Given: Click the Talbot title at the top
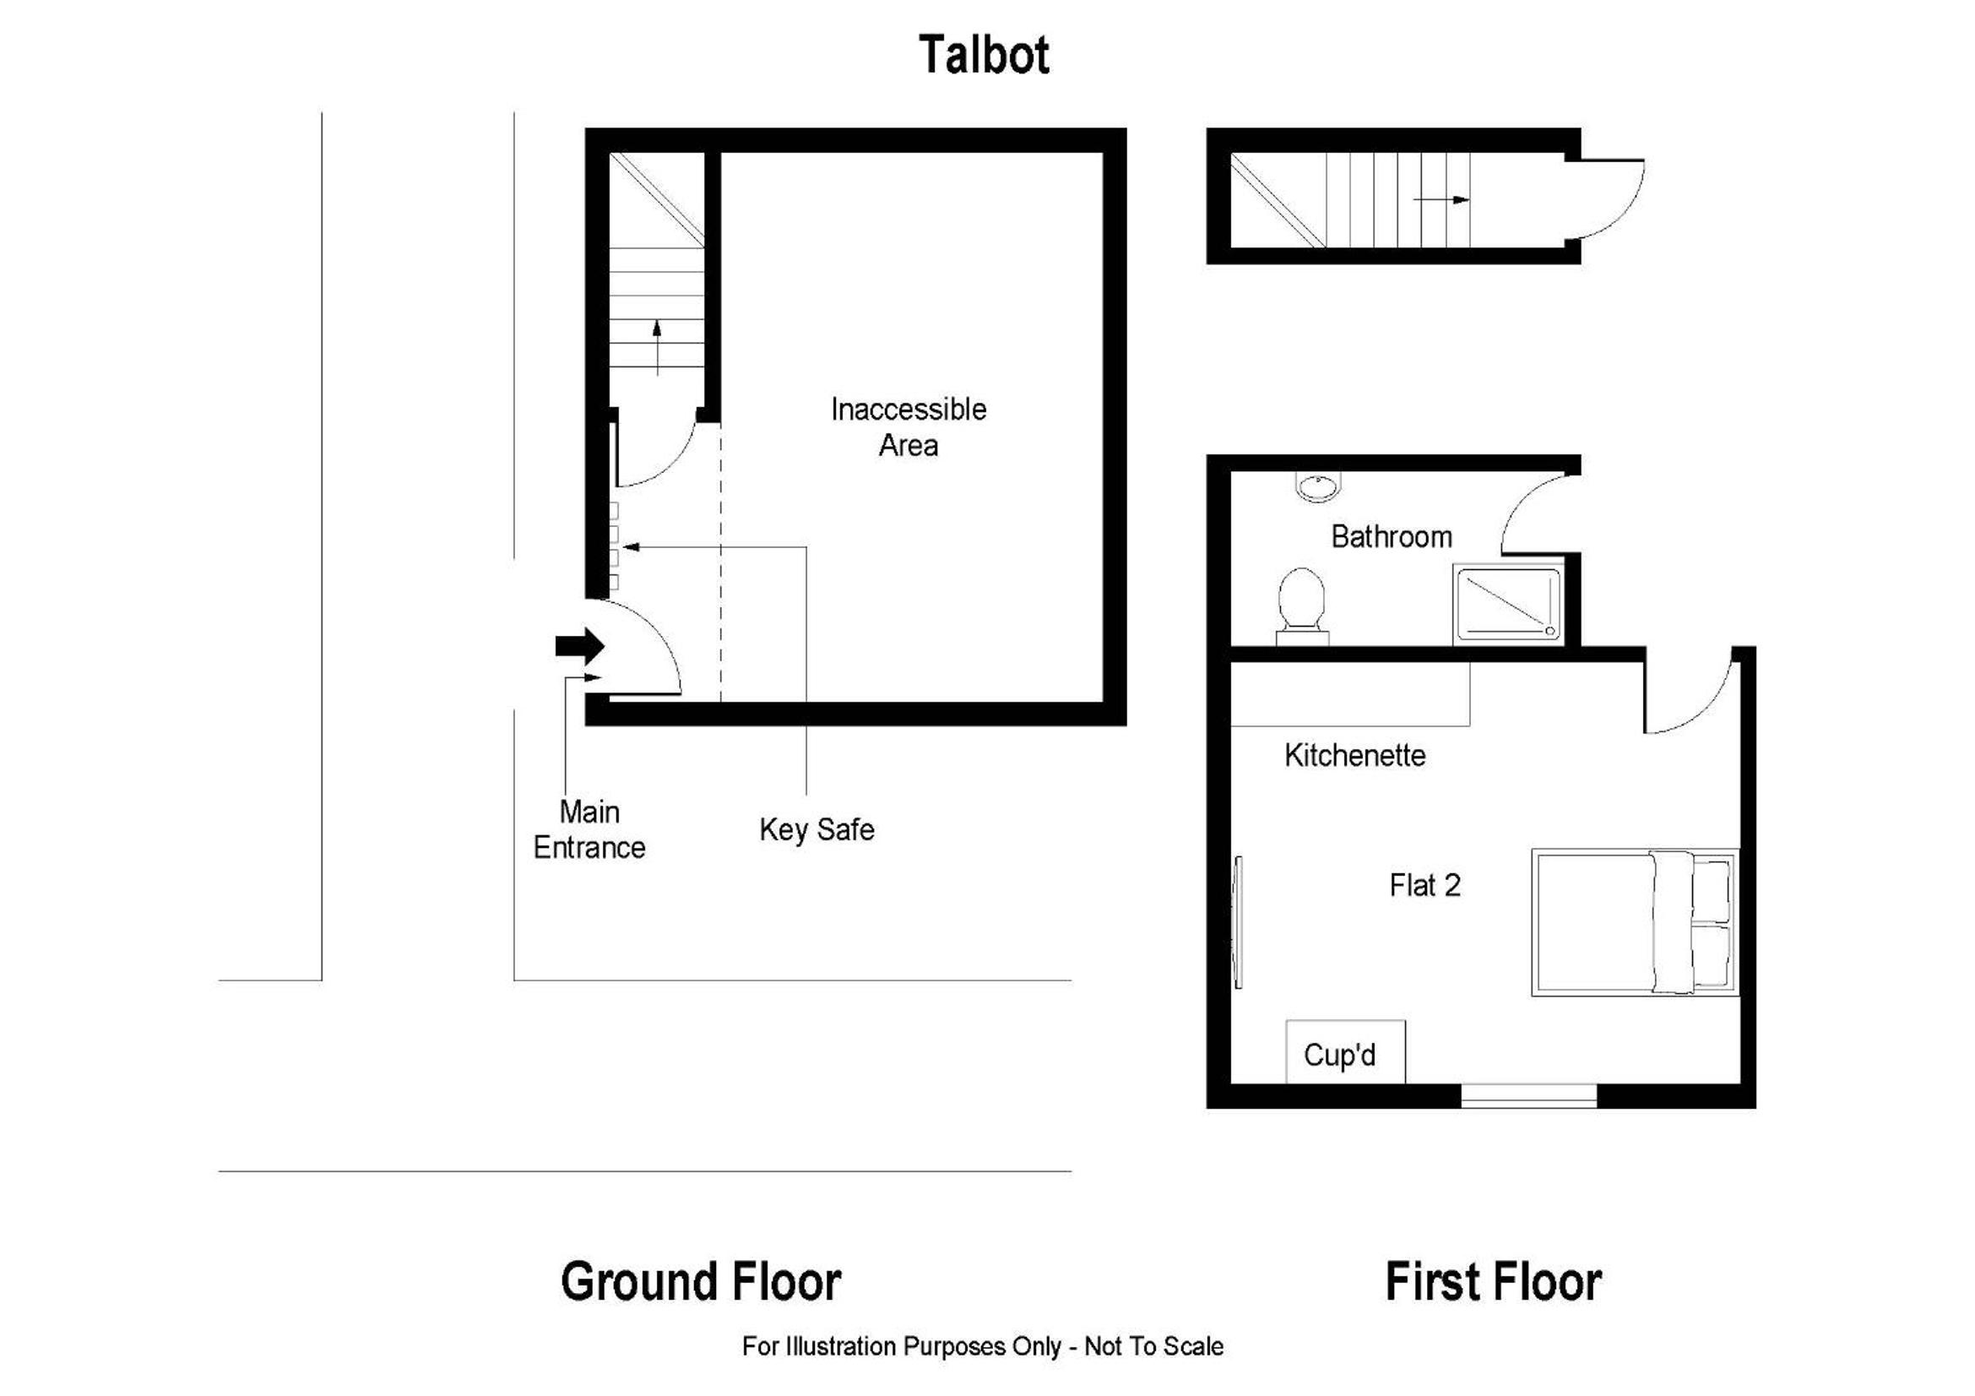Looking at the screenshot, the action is pyautogui.click(x=984, y=55).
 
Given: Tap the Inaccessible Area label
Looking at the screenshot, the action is pyautogui.click(x=909, y=426).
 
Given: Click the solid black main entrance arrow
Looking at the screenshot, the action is pyautogui.click(x=580, y=646).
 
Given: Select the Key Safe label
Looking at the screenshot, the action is pyautogui.click(x=817, y=829).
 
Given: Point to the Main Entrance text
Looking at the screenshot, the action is pyautogui.click(x=589, y=829).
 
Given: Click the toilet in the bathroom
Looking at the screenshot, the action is pyautogui.click(x=1301, y=606).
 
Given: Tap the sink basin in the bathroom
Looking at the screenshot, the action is pyautogui.click(x=1316, y=487).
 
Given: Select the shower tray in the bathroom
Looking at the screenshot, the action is pyautogui.click(x=1507, y=604).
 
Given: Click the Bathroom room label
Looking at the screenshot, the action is pyautogui.click(x=1391, y=537).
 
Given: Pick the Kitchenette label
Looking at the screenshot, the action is pyautogui.click(x=1354, y=755).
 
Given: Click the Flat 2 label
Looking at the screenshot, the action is pyautogui.click(x=1424, y=885).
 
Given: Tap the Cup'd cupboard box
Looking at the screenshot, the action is pyautogui.click(x=1345, y=1051).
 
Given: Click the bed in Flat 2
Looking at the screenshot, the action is pyautogui.click(x=1635, y=923).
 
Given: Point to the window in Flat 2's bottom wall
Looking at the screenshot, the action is pyautogui.click(x=1528, y=1095).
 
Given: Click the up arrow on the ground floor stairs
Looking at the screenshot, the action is pyautogui.click(x=657, y=347).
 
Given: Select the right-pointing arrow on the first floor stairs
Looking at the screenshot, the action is pyautogui.click(x=1441, y=199).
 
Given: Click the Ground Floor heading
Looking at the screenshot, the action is pyautogui.click(x=701, y=1281).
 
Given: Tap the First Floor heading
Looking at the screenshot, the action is pyautogui.click(x=1494, y=1281).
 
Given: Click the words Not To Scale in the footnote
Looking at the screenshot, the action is pyautogui.click(x=1153, y=1346).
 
